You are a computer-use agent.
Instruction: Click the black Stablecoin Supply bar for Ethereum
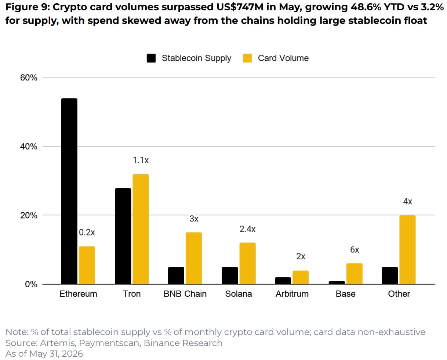[69, 191]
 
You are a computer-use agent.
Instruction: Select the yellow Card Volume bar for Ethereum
[87, 265]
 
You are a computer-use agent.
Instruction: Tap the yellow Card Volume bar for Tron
[141, 229]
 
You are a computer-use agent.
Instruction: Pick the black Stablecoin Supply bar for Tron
[123, 236]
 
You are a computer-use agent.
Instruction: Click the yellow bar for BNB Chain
[193, 258]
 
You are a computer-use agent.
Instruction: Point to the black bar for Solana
[230, 276]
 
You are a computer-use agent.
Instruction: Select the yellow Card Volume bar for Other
[407, 249]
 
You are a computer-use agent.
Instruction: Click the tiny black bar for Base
[337, 282]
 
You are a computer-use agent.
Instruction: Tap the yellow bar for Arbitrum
[301, 277]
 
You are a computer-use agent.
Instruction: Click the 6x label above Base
[355, 250]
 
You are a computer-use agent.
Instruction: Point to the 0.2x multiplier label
[87, 232]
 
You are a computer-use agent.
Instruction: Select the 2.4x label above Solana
[247, 229]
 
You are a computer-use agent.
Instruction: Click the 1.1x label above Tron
[141, 160]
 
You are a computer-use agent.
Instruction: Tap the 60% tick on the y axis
[29, 78]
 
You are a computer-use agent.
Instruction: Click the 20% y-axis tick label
[29, 215]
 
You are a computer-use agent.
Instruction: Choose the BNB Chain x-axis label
[185, 294]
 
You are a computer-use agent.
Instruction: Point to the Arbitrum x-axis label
[292, 294]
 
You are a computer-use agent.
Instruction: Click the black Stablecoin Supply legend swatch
[151, 58]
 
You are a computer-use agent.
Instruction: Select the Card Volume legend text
[283, 58]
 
